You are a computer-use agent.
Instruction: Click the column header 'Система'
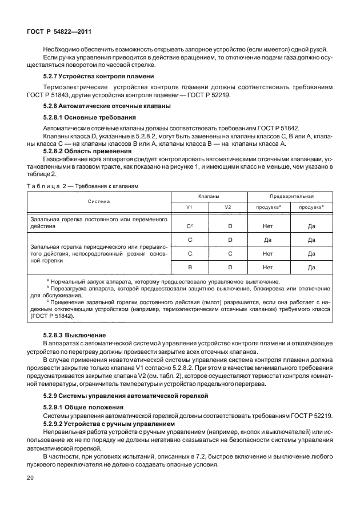pos(99,201)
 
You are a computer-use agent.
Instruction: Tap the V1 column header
pos(190,206)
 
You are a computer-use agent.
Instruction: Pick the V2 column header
pos(228,206)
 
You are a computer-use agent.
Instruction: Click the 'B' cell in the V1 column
pos(190,267)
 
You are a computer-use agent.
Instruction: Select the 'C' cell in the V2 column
pos(229,253)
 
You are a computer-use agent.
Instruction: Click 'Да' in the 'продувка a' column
pos(267,240)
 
